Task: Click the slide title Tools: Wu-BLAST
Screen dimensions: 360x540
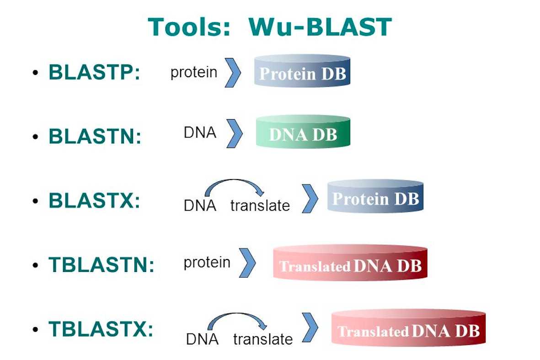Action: click(x=270, y=27)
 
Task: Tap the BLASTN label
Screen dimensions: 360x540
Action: click(x=95, y=136)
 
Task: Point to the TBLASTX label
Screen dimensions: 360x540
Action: click(x=101, y=329)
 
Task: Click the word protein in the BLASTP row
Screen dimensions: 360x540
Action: click(x=194, y=72)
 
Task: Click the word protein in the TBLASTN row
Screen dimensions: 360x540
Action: click(x=207, y=263)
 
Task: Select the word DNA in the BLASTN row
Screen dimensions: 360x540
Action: click(x=200, y=133)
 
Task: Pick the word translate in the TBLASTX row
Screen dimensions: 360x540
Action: click(x=263, y=339)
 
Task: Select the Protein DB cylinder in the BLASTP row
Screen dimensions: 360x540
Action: click(x=302, y=71)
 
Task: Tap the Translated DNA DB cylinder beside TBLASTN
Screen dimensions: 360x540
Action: click(x=350, y=264)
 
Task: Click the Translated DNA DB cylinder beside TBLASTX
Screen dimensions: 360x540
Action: click(x=408, y=328)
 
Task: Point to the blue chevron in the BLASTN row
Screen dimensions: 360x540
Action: click(x=235, y=133)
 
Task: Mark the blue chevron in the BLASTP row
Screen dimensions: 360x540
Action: click(x=233, y=73)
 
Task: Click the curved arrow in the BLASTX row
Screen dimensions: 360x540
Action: click(x=234, y=185)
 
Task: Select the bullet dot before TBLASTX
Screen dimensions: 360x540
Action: click(x=35, y=329)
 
